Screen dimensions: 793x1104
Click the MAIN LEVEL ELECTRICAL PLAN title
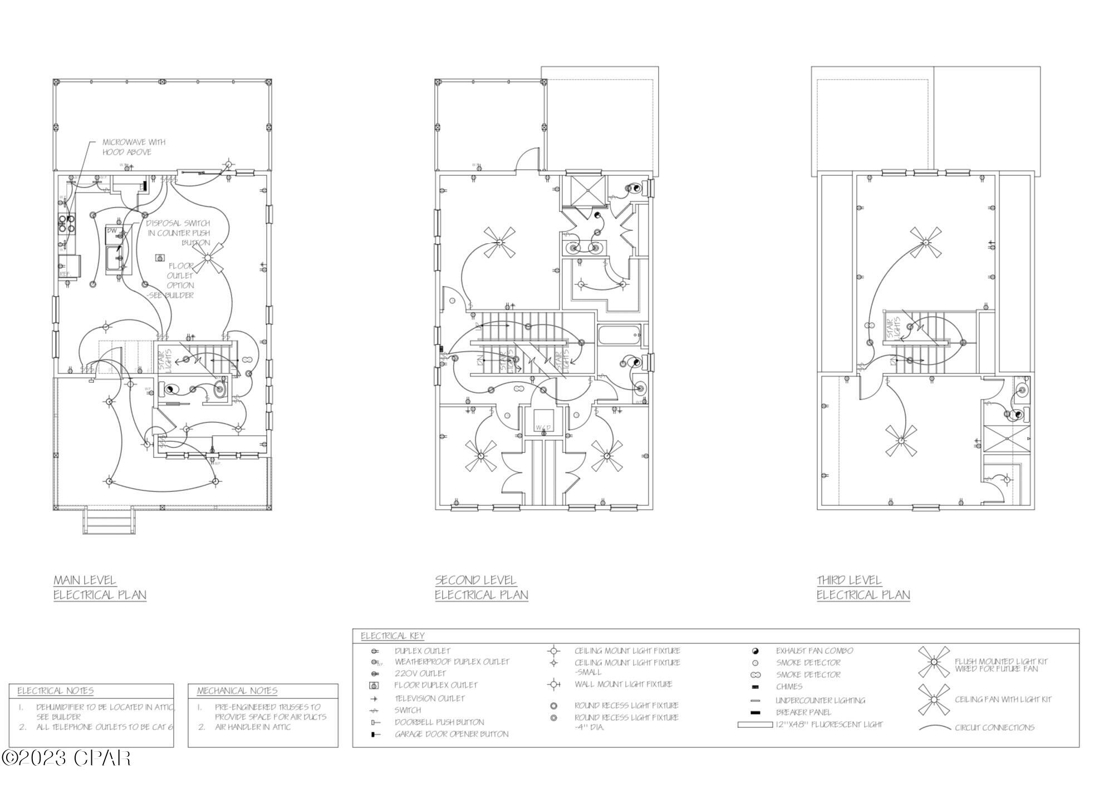[100, 588]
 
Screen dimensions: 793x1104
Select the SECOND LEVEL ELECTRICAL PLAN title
[481, 588]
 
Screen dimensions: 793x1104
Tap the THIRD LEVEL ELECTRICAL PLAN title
[863, 588]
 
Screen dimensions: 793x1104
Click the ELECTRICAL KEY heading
[392, 636]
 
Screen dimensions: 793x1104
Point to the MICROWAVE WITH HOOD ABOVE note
[134, 147]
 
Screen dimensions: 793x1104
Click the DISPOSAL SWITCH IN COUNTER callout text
[178, 233]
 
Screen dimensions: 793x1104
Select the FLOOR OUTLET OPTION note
[180, 280]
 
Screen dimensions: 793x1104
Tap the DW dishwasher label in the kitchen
[112, 230]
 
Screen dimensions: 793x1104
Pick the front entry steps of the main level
[109, 521]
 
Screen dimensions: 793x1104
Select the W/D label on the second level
[543, 427]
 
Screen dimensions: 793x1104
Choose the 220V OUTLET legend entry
[420, 673]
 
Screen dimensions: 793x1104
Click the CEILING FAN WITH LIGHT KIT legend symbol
[934, 700]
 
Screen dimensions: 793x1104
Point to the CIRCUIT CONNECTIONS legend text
[994, 727]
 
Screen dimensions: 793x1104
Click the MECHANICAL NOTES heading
[237, 691]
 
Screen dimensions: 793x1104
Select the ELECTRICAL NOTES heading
[55, 691]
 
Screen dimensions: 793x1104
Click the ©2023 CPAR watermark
[67, 758]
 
